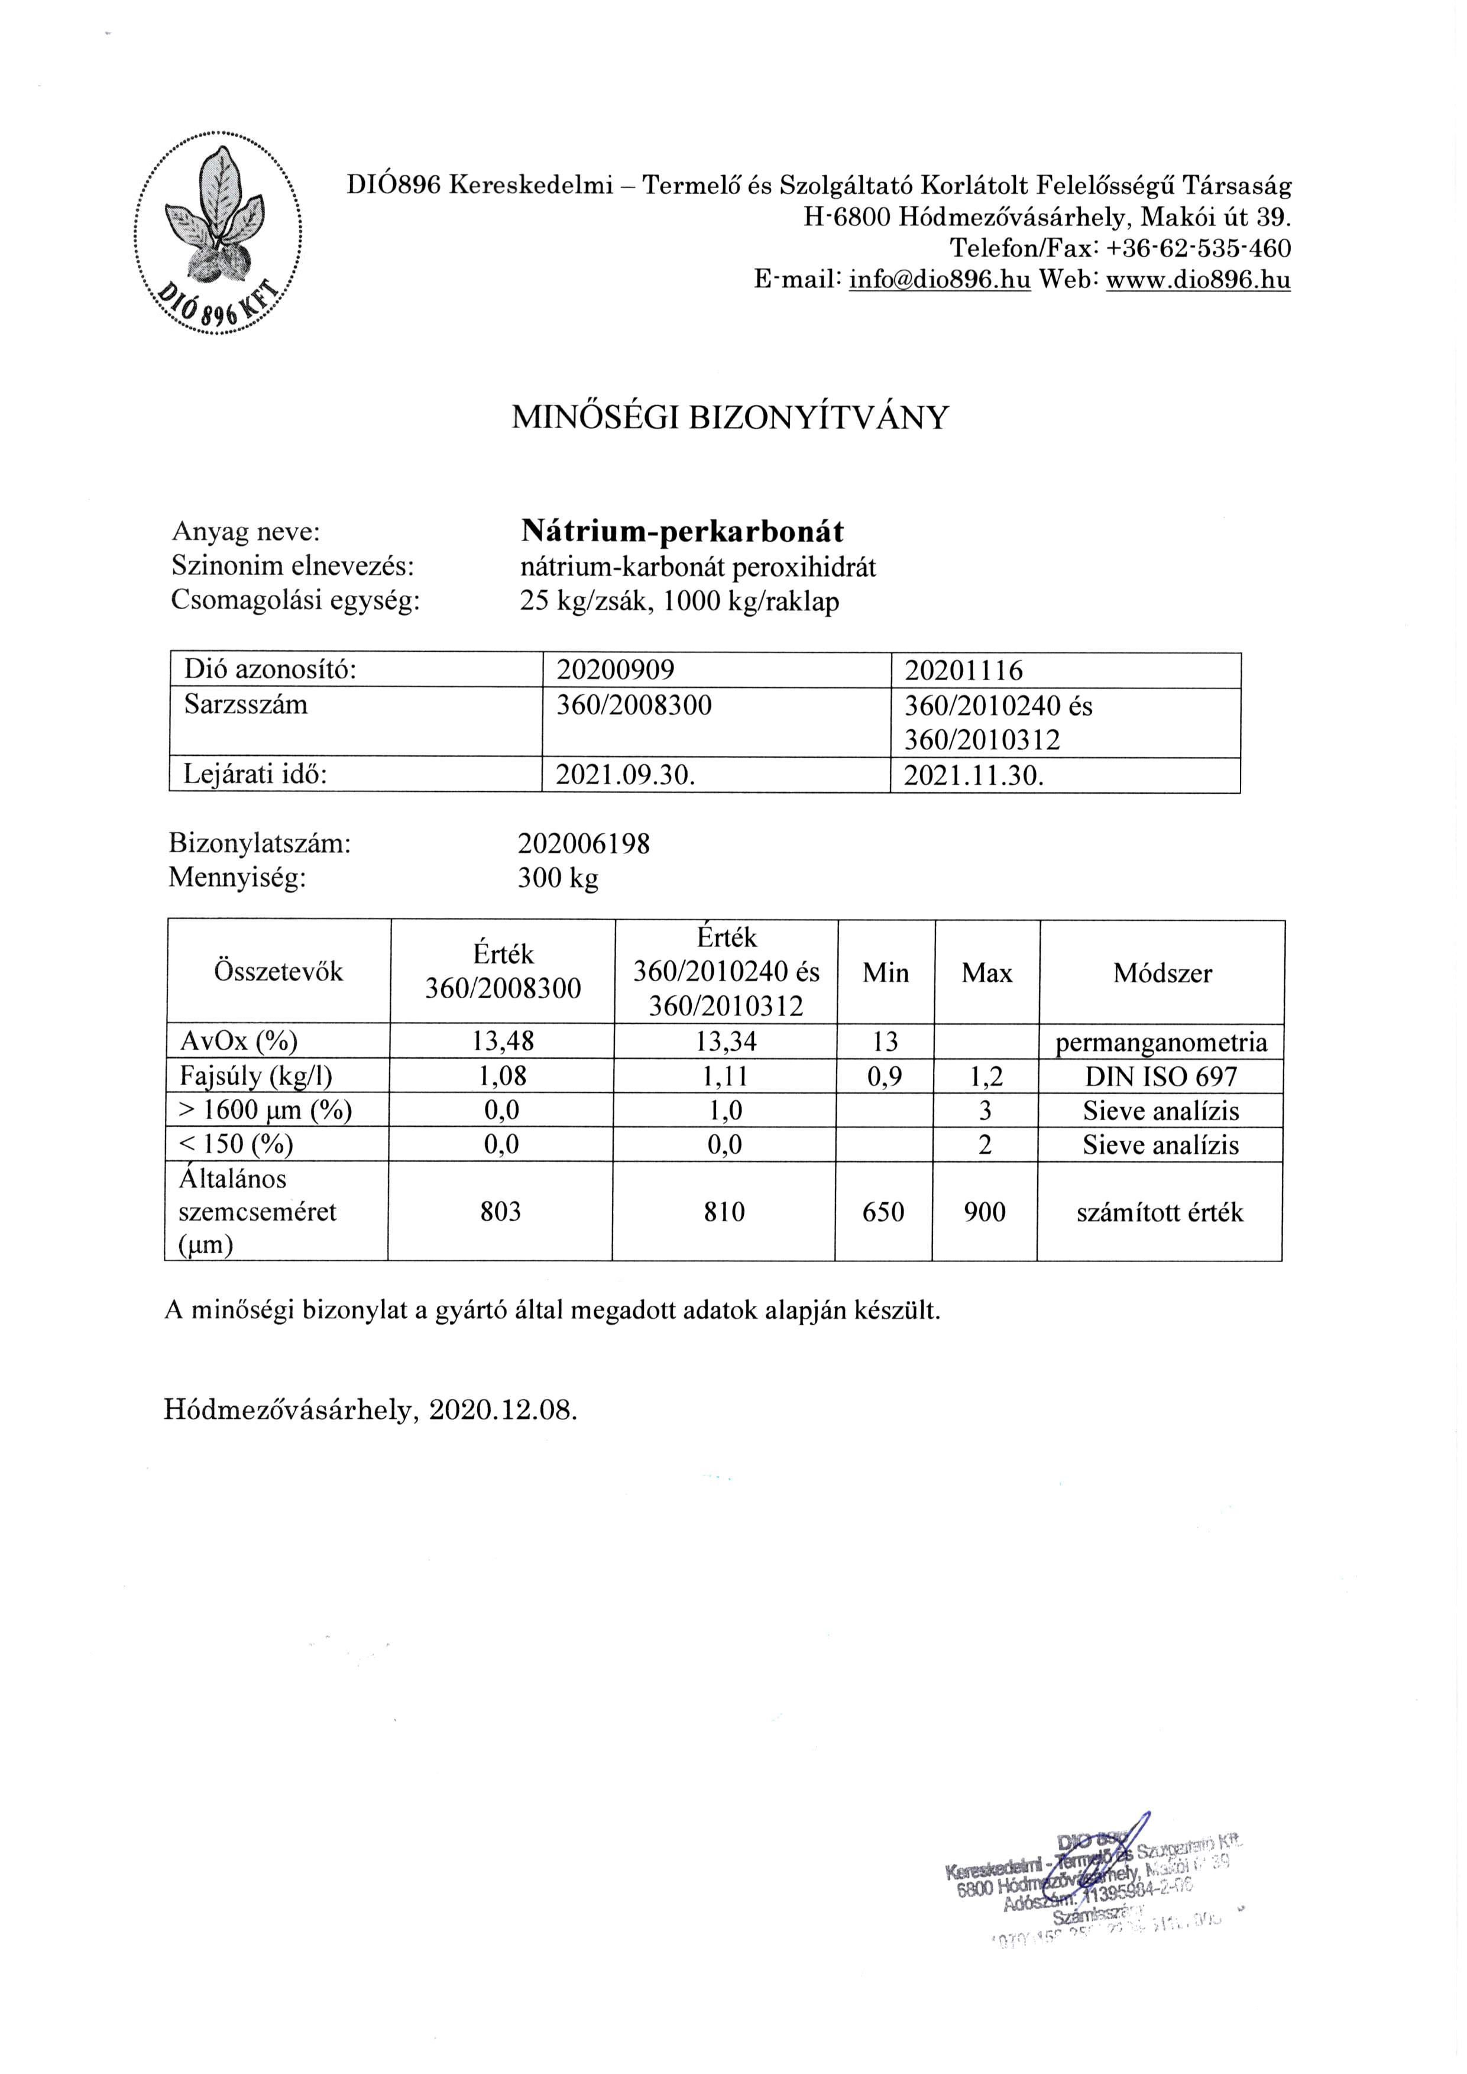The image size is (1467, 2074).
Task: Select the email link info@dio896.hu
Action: tap(940, 280)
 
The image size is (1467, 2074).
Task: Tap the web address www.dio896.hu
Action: tap(1198, 280)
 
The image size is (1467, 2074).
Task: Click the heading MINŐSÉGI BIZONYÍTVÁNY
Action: tap(731, 418)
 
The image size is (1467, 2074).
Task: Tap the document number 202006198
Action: tap(584, 844)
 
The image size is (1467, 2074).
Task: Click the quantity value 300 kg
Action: tap(558, 878)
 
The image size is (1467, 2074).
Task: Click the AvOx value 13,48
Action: tap(503, 1043)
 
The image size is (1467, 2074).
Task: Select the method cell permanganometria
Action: tap(1162, 1043)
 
